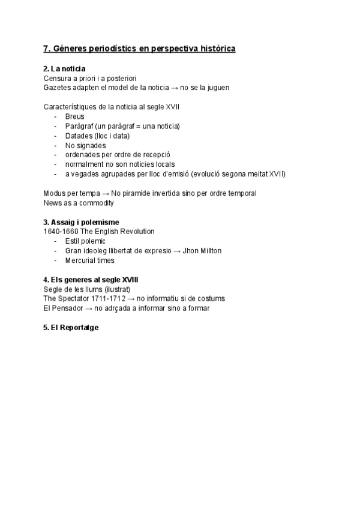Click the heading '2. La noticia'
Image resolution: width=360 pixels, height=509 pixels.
pos(64,69)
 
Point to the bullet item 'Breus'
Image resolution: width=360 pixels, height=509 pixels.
pos(75,116)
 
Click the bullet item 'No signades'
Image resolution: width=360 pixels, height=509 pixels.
pos(85,145)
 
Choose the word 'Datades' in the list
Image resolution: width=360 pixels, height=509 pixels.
pos(79,136)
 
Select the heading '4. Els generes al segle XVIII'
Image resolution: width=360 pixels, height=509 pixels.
pos(93,280)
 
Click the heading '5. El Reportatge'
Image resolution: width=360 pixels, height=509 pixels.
pos(71,328)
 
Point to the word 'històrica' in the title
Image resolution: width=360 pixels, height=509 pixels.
pos(215,48)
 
